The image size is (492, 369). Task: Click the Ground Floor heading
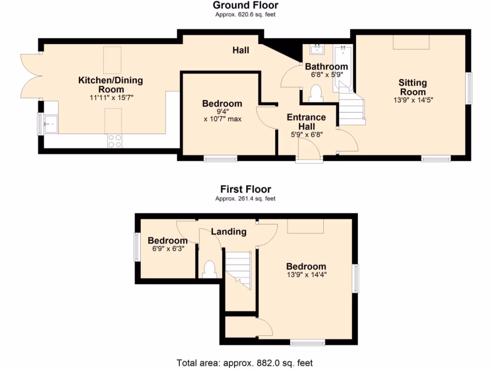[x=246, y=6]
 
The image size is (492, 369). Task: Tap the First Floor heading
[x=246, y=189]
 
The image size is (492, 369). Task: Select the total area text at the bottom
[x=245, y=363]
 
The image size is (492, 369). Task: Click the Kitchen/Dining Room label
[x=111, y=85]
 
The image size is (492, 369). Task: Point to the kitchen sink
[x=50, y=124]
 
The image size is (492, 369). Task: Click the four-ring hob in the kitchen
[x=115, y=141]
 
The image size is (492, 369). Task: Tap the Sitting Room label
[x=412, y=87]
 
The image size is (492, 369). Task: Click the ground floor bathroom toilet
[x=316, y=93]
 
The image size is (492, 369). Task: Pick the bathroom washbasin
[x=318, y=49]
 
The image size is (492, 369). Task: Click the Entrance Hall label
[x=306, y=122]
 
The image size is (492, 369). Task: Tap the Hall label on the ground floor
[x=241, y=50]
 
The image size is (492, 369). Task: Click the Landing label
[x=229, y=232]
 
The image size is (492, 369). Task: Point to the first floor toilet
[x=209, y=269]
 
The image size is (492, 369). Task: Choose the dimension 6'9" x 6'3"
[x=167, y=249]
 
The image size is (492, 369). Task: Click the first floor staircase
[x=239, y=270]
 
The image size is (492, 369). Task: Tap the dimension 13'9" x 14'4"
[x=306, y=275]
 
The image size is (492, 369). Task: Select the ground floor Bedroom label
[x=222, y=104]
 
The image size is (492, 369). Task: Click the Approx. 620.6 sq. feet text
[x=246, y=15]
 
